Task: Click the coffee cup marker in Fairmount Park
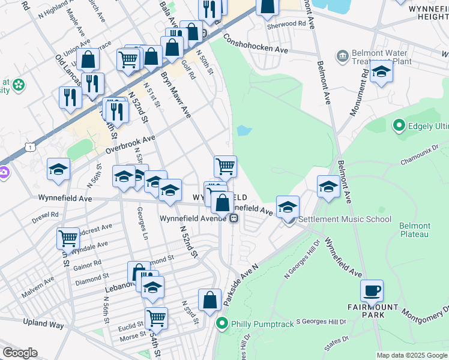point(372,292)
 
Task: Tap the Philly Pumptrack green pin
point(222,324)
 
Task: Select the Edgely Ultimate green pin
point(397,126)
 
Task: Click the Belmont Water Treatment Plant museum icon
point(343,56)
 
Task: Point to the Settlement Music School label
point(345,219)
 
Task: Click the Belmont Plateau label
point(415,230)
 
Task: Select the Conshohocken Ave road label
point(256,43)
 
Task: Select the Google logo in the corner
point(20,353)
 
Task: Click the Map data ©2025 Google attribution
point(412,355)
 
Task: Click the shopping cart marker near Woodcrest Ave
point(68,238)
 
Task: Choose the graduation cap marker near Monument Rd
point(381,73)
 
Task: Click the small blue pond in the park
point(244,130)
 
